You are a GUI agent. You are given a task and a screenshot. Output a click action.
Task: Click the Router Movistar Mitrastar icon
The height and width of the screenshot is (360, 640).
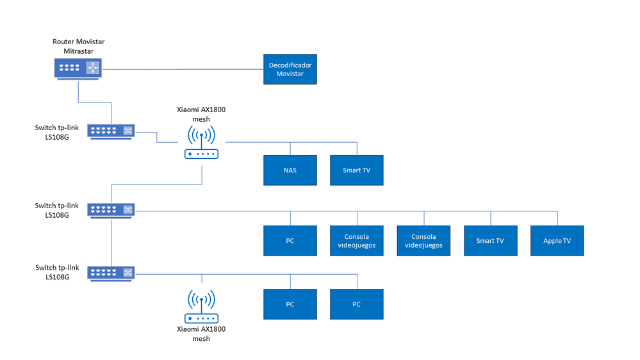pyautogui.click(x=78, y=67)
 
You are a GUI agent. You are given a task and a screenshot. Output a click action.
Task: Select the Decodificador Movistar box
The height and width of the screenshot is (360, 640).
pyautogui.click(x=290, y=69)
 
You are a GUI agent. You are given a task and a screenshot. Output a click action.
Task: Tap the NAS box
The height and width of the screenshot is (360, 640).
pyautogui.click(x=290, y=170)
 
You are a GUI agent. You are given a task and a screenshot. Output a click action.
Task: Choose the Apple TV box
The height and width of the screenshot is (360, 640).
pyautogui.click(x=557, y=241)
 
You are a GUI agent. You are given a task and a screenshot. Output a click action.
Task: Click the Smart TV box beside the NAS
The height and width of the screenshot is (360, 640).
pyautogui.click(x=356, y=170)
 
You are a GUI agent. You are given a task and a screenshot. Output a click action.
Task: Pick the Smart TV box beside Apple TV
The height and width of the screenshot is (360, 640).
pyautogui.click(x=490, y=241)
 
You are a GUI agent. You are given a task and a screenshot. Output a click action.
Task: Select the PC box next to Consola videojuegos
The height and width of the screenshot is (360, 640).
pyautogui.click(x=290, y=241)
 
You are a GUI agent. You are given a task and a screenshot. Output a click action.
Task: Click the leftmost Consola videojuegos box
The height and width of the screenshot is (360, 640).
pyautogui.click(x=356, y=241)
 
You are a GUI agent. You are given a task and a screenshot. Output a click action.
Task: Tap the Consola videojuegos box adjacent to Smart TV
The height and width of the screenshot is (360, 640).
pyautogui.click(x=423, y=241)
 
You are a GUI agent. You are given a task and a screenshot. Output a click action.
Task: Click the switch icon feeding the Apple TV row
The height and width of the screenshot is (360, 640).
pyautogui.click(x=111, y=209)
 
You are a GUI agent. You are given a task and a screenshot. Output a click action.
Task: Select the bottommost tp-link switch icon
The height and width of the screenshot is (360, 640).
pyautogui.click(x=111, y=272)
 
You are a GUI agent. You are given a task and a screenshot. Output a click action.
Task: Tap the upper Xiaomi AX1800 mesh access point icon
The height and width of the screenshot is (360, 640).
pyautogui.click(x=202, y=142)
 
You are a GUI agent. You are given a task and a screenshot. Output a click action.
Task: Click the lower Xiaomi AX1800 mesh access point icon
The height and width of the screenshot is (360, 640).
pyautogui.click(x=202, y=307)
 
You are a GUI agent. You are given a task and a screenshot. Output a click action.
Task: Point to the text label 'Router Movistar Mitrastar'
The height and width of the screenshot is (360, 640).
pyautogui.click(x=78, y=46)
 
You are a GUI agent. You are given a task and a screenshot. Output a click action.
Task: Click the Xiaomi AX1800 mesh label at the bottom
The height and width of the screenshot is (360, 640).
pyautogui.click(x=201, y=334)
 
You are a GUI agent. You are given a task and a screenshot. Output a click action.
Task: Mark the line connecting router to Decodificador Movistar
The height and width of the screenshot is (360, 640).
pyautogui.click(x=186, y=69)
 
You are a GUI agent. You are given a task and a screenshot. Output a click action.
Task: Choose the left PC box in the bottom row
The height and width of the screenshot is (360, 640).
pyautogui.click(x=290, y=304)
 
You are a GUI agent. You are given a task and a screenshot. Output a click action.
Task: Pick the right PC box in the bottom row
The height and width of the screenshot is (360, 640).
pyautogui.click(x=356, y=304)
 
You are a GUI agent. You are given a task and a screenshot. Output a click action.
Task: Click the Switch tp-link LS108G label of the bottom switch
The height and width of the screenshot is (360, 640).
pyautogui.click(x=56, y=272)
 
